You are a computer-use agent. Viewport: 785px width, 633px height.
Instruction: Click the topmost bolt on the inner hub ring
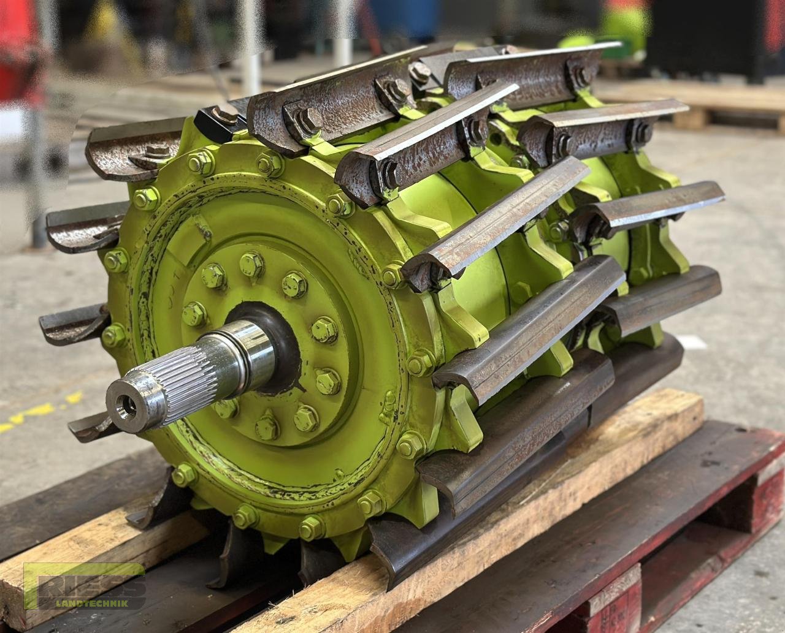(x=251, y=263)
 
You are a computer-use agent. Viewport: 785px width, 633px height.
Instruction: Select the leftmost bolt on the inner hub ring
(x=194, y=314)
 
